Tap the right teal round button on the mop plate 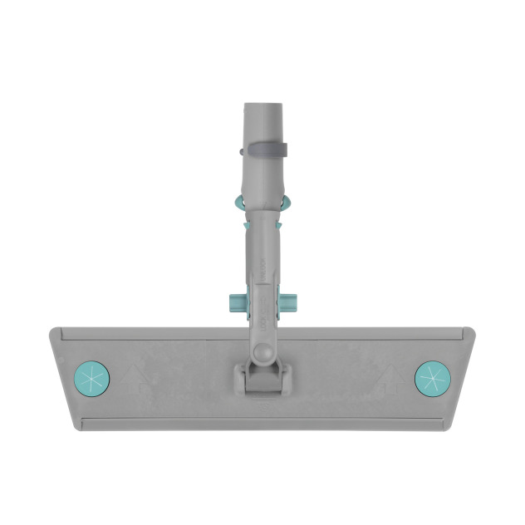[x=432, y=379]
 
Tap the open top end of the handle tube [x=262, y=105]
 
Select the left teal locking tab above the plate [x=234, y=302]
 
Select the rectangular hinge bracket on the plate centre [x=262, y=379]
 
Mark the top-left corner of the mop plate [x=52, y=330]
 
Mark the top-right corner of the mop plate [x=473, y=330]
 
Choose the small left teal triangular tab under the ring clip [x=244, y=222]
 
